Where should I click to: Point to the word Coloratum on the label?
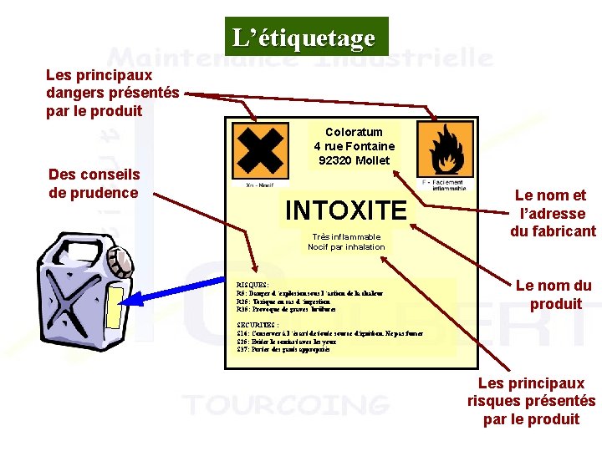coord(354,132)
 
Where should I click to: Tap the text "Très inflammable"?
coord(346,236)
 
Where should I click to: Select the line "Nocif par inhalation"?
coord(346,246)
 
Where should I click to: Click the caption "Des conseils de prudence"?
coord(94,184)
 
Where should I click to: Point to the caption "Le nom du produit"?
coord(554,295)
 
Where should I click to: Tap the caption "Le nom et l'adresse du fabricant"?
coord(553,213)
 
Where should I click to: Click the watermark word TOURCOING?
coord(287,406)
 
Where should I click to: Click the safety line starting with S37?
coord(283,349)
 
